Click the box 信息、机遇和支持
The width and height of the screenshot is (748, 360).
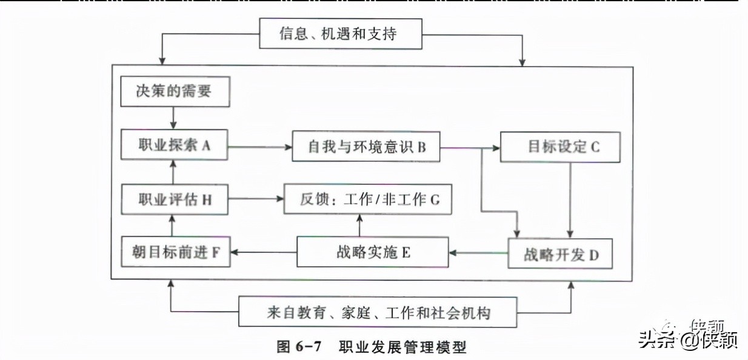coord(340,33)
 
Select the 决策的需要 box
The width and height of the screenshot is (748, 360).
coord(175,92)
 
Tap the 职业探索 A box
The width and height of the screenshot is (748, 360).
coord(175,145)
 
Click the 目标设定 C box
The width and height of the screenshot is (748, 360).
coord(560,147)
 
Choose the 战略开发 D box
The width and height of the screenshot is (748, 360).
coord(560,253)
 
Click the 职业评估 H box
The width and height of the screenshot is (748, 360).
coord(175,199)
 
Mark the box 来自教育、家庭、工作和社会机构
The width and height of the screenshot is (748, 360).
coord(378,312)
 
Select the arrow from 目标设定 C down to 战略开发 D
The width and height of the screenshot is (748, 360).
coord(570,200)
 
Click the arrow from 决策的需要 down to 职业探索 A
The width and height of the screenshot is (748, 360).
coord(174,118)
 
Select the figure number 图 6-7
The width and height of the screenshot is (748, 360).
coord(298,347)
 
